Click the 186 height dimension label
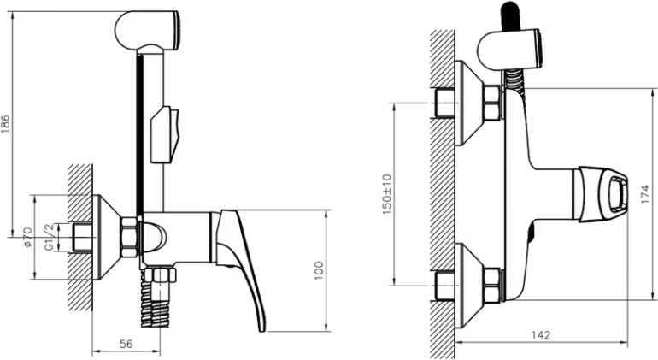(6, 124)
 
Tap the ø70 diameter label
(27, 238)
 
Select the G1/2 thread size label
(50, 238)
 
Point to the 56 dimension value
(126, 344)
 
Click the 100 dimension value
(319, 270)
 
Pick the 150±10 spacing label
(386, 194)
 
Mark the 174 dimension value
(645, 194)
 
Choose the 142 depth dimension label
(541, 335)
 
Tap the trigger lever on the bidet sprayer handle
(165, 134)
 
